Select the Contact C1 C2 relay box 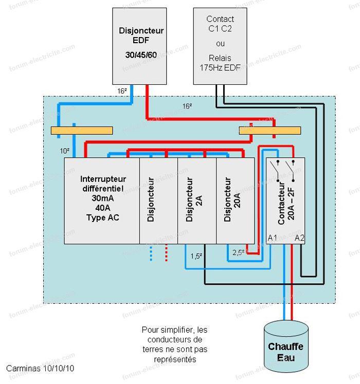click(x=220, y=46)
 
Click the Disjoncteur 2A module click(x=196, y=200)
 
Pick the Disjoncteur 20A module click(x=236, y=200)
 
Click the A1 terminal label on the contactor click(x=273, y=237)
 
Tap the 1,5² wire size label click(x=196, y=255)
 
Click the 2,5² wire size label click(x=238, y=253)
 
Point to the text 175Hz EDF click(x=220, y=67)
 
